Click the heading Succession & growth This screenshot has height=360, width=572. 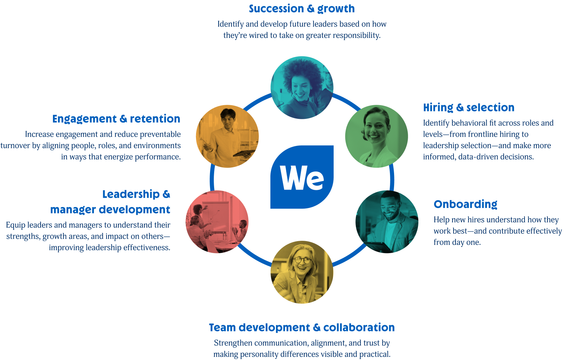tap(302, 9)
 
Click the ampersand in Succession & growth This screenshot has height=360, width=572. tap(310, 9)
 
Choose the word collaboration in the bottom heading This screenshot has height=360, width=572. tap(359, 328)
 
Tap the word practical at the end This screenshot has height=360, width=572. tap(375, 355)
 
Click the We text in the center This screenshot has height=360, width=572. tap(302, 179)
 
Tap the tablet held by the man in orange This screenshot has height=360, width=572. tap(244, 153)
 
